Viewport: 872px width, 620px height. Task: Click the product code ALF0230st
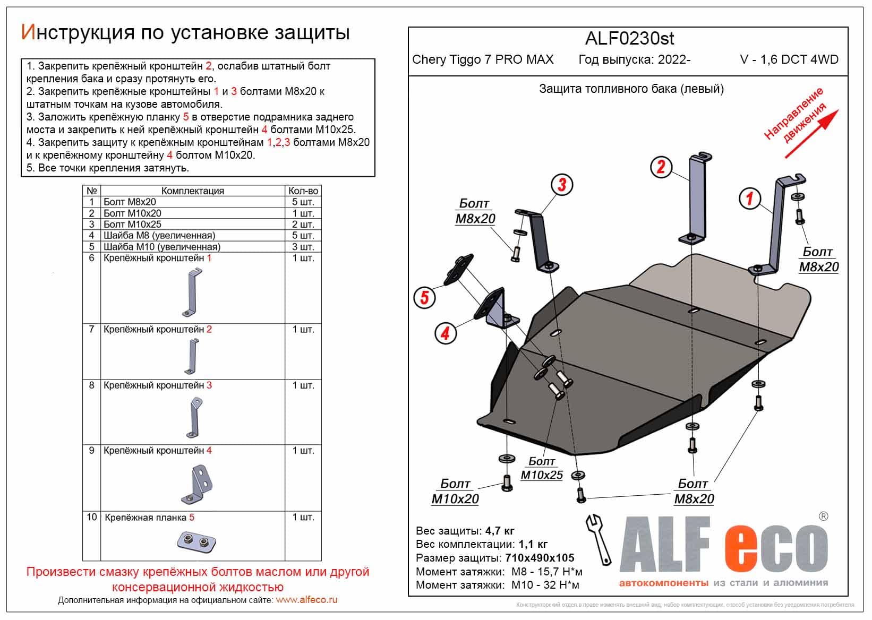[x=629, y=38]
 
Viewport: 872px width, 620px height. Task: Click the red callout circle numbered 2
[x=661, y=167]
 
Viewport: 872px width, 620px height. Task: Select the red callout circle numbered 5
[x=424, y=297]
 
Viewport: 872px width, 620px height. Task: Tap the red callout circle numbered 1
[x=750, y=199]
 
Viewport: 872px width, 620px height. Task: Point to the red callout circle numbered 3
[x=561, y=185]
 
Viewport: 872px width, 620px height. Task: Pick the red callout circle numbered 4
[x=445, y=333]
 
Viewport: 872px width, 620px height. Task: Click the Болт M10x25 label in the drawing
[x=542, y=468]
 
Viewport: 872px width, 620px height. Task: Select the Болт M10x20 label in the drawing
[x=455, y=492]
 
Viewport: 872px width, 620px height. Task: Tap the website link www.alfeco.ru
[x=306, y=600]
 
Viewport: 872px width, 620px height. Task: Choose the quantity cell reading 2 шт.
[x=303, y=225]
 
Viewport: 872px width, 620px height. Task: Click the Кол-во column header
[x=303, y=191]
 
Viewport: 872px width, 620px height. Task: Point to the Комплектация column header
[x=192, y=191]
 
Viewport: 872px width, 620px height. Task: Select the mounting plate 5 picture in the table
[x=196, y=541]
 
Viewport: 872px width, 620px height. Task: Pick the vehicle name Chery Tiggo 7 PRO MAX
[x=483, y=59]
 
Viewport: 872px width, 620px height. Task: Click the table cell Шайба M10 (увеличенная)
[x=161, y=247]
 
